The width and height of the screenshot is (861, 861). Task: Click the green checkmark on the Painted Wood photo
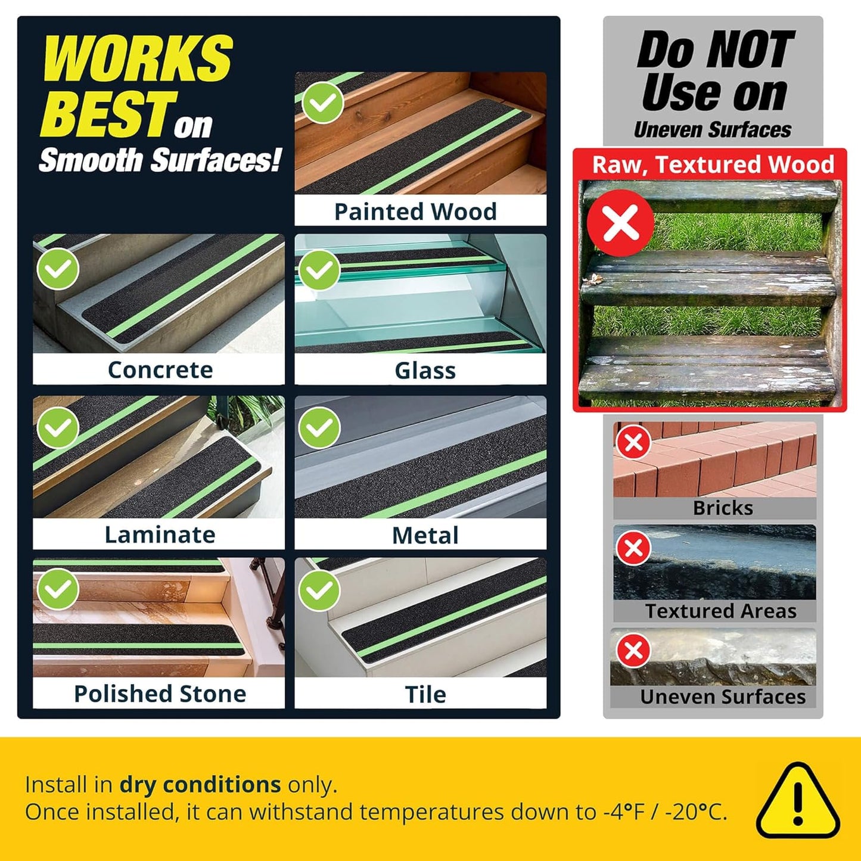click(322, 102)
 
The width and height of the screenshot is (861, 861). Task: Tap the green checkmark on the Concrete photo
click(58, 269)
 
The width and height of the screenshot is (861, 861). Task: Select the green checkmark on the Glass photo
click(319, 269)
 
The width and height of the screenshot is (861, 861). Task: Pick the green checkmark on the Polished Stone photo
click(58, 589)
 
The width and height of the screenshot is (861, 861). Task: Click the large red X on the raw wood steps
click(620, 222)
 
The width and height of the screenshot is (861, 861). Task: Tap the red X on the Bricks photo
click(633, 442)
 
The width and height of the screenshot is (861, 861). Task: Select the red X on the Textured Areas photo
click(633, 548)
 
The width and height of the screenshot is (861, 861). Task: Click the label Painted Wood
click(415, 212)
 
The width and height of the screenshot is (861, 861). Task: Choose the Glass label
click(425, 371)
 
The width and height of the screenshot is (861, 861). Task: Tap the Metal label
click(425, 535)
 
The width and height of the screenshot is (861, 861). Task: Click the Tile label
click(425, 694)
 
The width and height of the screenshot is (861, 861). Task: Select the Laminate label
click(160, 534)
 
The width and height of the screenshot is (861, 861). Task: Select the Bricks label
click(723, 508)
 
